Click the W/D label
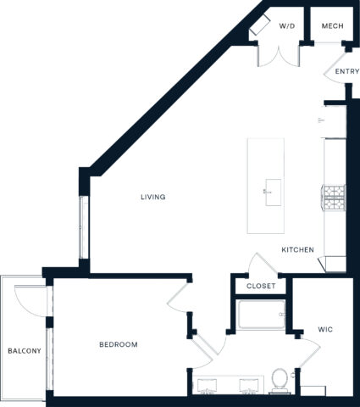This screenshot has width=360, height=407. (288, 26)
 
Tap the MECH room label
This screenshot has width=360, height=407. (332, 26)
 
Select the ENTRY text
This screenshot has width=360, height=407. (346, 72)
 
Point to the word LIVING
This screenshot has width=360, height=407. (153, 197)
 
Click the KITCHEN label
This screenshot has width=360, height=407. (298, 250)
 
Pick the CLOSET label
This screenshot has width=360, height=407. (261, 287)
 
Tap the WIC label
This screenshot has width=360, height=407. (325, 328)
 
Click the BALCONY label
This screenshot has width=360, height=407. (24, 351)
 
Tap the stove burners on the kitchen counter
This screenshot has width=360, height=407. (334, 197)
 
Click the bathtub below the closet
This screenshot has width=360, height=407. (261, 317)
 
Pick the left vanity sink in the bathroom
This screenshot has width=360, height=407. (208, 387)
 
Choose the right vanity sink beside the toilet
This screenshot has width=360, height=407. (248, 387)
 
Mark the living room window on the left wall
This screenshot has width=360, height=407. (82, 227)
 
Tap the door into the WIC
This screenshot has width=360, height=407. (298, 343)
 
